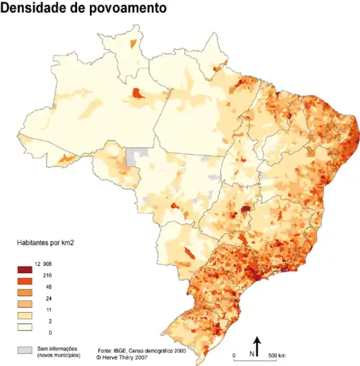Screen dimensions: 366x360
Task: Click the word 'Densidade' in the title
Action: coord(35,9)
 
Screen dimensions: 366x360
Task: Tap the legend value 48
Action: coord(48,287)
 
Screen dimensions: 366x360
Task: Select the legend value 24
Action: coord(48,298)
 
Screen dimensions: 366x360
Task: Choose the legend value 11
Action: coord(48,310)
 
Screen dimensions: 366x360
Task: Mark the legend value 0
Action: coord(49,333)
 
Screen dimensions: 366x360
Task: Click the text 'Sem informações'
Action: coord(58,348)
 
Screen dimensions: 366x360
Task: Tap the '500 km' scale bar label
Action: coord(276,356)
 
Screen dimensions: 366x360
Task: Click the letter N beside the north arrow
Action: coord(251,354)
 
